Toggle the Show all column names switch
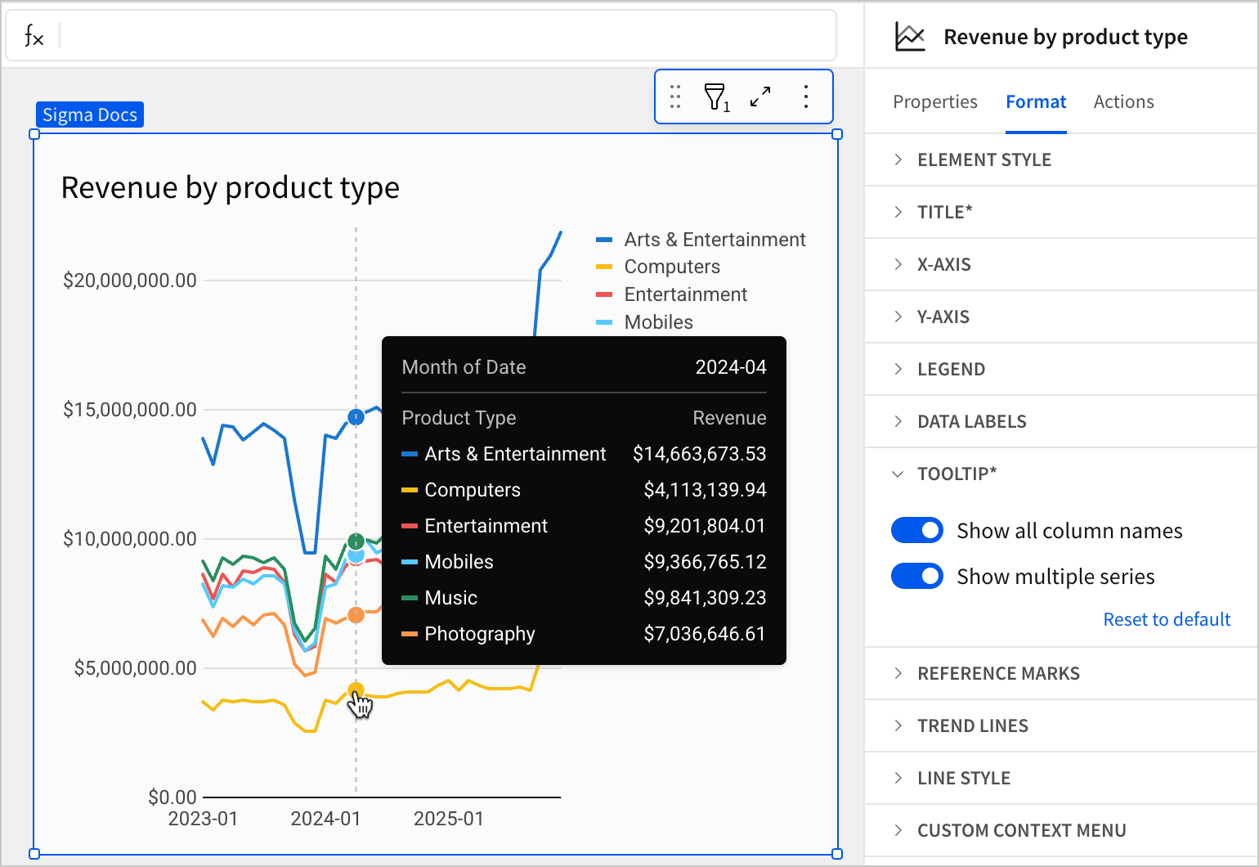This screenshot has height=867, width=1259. click(x=916, y=530)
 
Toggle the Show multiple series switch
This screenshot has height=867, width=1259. click(x=916, y=576)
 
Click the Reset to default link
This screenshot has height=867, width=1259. click(x=1166, y=619)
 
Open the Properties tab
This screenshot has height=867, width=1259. click(x=934, y=101)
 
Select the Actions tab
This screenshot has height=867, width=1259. click(x=1123, y=101)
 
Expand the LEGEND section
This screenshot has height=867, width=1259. click(x=951, y=369)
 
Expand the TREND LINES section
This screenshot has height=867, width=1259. click(x=972, y=725)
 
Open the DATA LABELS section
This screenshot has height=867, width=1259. click(x=971, y=421)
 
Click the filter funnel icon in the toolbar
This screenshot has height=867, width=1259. click(x=715, y=97)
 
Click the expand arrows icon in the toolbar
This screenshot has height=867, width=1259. click(x=760, y=97)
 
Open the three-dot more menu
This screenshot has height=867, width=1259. click(x=806, y=97)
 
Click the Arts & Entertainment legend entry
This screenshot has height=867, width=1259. click(x=714, y=240)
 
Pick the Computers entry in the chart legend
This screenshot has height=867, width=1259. click(x=671, y=267)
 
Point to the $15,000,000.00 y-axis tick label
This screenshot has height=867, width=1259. click(x=130, y=410)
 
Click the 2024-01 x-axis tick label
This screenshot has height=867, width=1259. click(x=325, y=819)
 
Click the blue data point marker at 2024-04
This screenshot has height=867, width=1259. click(x=356, y=417)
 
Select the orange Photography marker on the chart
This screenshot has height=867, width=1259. click(x=356, y=615)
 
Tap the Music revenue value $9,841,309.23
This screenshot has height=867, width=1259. click(x=704, y=598)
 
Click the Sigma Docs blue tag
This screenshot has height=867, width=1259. click(x=90, y=115)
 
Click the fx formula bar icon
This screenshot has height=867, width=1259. click(x=34, y=36)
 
